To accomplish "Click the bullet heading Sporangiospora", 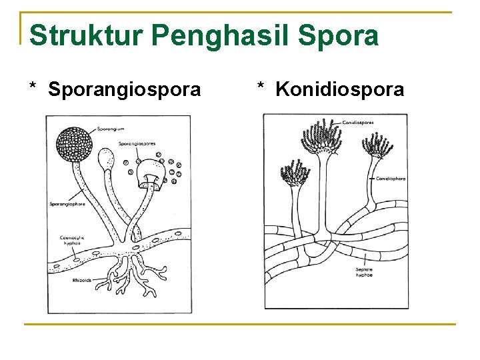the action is pos(124,89).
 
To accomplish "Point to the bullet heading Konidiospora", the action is pos(339,89).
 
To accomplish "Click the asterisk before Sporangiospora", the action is pos(32,87).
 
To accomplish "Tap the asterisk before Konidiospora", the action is pos(262,87).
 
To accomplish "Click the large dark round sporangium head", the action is pos(74,144).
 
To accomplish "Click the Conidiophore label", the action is pos(391,179).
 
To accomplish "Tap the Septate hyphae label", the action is pos(364,272).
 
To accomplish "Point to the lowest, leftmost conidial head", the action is pos(294,175).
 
